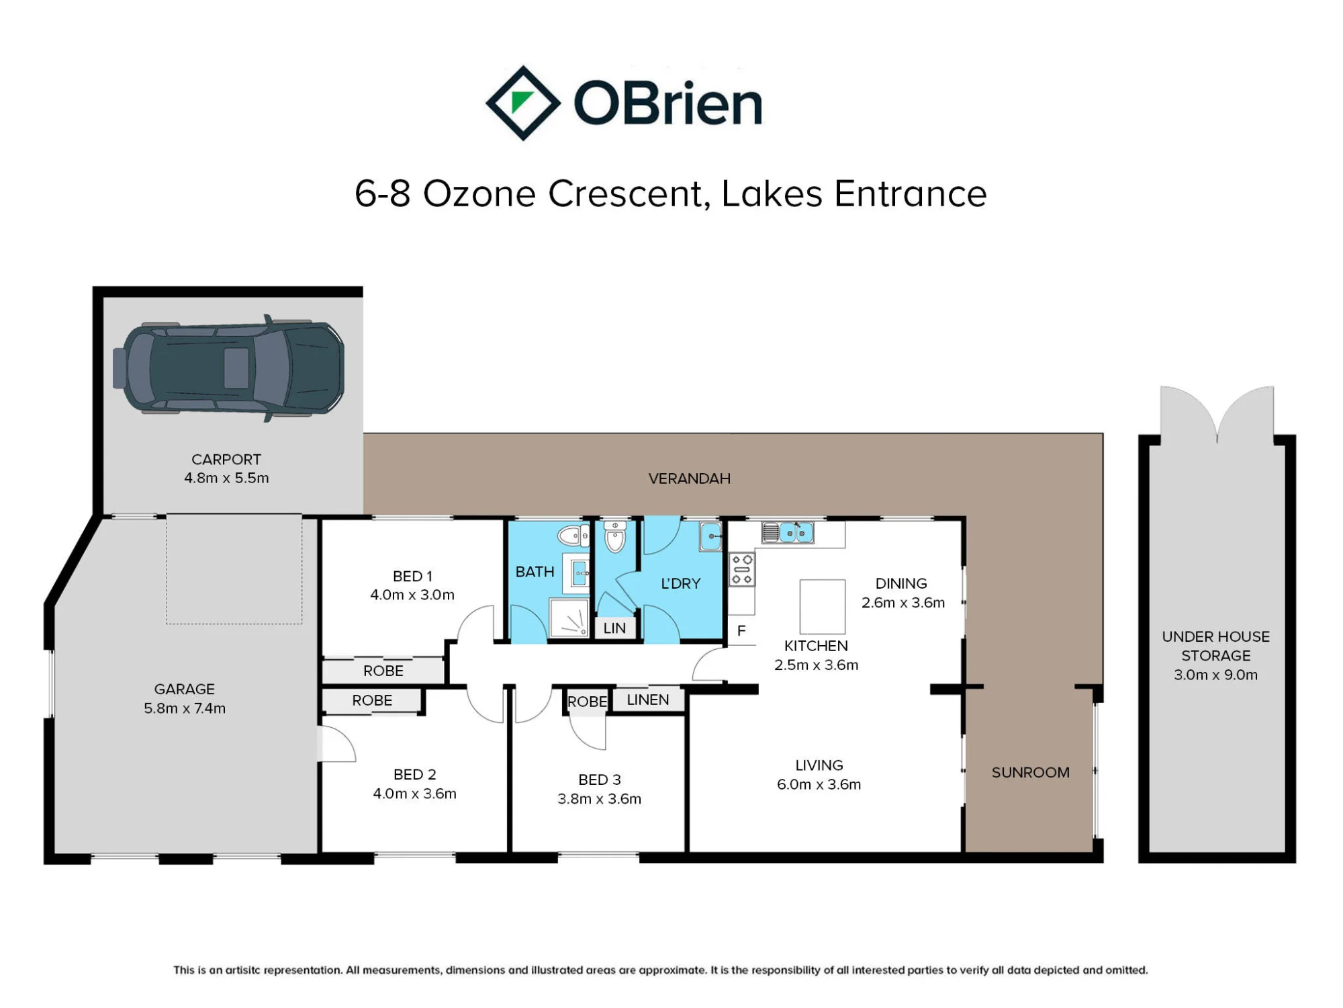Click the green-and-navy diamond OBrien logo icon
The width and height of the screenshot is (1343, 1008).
pos(523,103)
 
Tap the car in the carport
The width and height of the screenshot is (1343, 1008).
pos(229,368)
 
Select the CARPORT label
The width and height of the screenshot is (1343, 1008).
pos(226,460)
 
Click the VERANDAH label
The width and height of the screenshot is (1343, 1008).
pos(689,478)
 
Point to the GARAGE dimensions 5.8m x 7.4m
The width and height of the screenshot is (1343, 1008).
pos(185,708)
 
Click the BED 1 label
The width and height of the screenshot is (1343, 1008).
pos(412,577)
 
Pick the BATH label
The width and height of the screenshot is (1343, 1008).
pos(535,572)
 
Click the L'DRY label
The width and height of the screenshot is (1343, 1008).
pos(681,583)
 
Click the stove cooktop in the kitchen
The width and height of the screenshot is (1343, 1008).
pos(742,569)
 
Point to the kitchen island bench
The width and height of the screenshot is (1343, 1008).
pos(823,605)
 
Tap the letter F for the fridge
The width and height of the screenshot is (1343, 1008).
pos(741,631)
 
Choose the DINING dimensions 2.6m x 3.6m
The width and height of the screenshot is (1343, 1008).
pos(903,603)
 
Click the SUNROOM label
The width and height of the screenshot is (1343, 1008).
pos(1031,773)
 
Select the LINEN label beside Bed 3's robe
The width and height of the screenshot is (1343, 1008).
pos(648,700)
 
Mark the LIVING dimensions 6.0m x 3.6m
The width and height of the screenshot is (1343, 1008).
pos(819,784)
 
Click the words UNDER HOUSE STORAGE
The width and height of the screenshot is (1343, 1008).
pos(1216,646)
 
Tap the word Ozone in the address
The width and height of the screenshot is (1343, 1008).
pos(479,194)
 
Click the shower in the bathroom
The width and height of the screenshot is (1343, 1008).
pos(569,618)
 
